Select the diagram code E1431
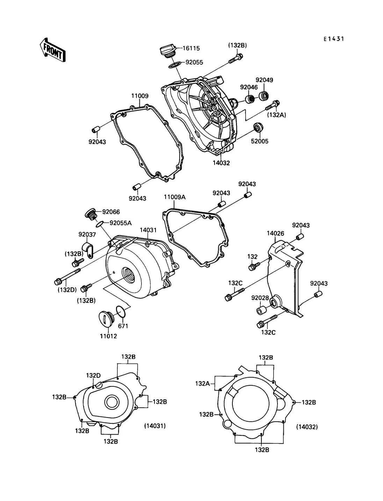tap(334, 39)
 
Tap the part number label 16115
tap(191, 49)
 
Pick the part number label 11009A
tap(175, 197)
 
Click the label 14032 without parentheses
tap(221, 163)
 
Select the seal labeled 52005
tap(258, 128)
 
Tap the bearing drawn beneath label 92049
tap(263, 96)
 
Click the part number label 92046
tap(249, 87)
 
